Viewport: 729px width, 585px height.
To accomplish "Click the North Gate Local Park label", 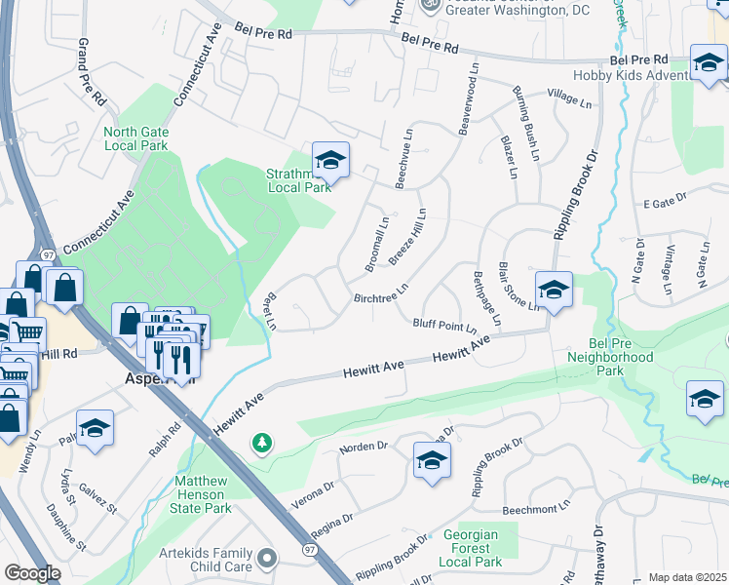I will tap(135, 138).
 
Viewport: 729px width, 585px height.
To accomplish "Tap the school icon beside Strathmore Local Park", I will tap(331, 161).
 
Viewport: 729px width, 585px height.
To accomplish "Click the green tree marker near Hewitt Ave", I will tap(261, 445).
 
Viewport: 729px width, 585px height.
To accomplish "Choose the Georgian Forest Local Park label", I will tap(470, 548).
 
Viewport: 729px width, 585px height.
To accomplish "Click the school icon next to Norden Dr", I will tap(431, 461).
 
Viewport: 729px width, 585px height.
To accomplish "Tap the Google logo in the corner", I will tap(31, 573).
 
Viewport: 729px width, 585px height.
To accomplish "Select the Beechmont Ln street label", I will tap(534, 510).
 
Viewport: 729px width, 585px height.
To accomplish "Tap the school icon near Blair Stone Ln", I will tap(554, 290).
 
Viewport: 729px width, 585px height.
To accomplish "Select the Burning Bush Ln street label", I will tap(526, 123).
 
